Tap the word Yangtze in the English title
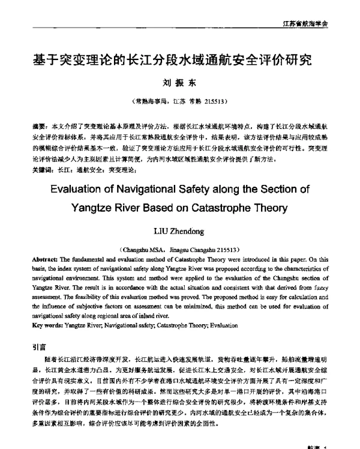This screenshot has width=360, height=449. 108,210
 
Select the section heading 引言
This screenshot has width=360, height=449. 38,346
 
